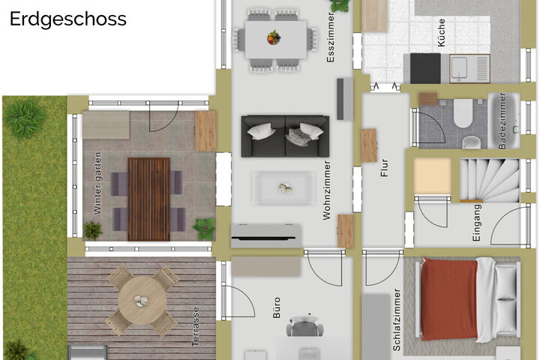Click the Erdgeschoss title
coord(67,19)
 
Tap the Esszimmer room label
coord(331,37)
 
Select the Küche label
coord(441,33)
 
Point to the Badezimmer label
coord(502,121)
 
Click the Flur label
coord(384,168)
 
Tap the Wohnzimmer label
coord(326,190)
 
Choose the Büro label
coord(277,307)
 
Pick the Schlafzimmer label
coord(397,319)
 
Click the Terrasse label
coord(196,326)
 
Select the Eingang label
coord(476,223)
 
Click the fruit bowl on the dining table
coord(274,37)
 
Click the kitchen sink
coord(469,68)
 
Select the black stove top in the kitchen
coord(425,68)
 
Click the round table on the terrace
coord(142,301)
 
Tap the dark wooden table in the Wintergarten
coord(148,199)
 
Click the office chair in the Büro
coord(304,326)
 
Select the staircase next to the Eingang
coord(490,180)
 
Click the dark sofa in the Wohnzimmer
coord(285,136)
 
